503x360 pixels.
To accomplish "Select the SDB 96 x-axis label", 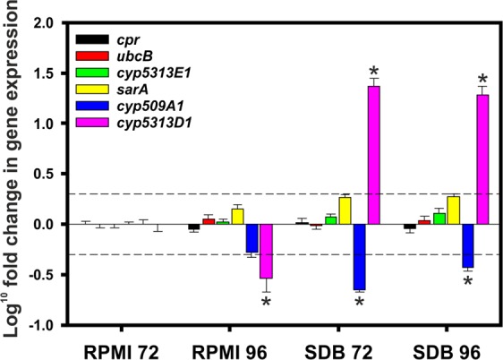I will pos(444,348).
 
